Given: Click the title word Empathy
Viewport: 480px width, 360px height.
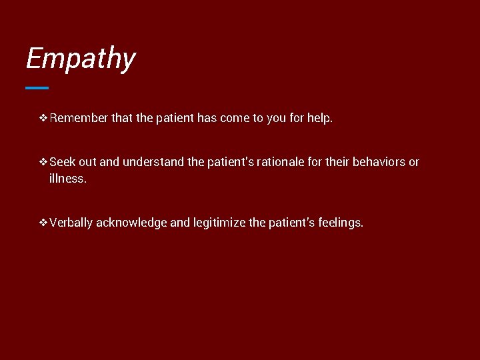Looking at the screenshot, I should coord(80,59).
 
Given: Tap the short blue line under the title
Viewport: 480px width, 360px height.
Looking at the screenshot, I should coord(37,87).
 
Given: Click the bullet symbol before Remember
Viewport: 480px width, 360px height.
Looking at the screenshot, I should coord(43,119).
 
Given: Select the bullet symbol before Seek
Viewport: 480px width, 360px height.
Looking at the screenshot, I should coord(43,162).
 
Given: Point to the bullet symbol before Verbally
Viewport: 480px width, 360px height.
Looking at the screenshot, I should coord(43,223).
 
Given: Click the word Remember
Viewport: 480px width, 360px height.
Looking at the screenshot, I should coord(79,119).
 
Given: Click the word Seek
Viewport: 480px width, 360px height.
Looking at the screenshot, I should coord(63,162).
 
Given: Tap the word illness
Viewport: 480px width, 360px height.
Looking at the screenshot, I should coord(67,179).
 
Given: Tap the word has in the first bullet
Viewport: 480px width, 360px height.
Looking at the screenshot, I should coord(205,119).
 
